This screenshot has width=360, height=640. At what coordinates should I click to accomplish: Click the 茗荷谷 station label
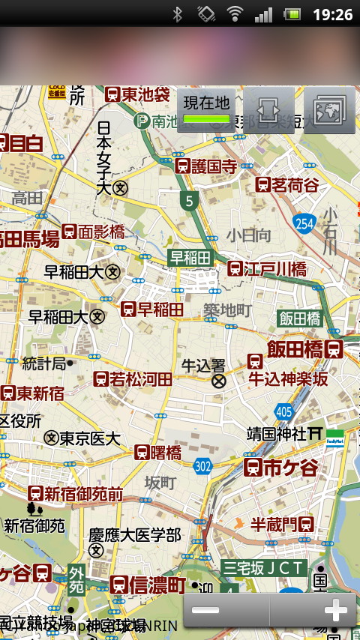287,184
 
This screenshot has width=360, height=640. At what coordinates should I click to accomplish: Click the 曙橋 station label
158,452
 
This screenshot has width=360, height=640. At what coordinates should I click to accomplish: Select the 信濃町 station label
148,585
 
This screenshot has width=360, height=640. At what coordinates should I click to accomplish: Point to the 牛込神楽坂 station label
289,379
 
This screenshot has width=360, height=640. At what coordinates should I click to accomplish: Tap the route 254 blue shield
304,223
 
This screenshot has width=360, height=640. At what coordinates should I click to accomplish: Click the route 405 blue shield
284,411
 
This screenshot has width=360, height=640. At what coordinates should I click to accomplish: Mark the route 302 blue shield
202,465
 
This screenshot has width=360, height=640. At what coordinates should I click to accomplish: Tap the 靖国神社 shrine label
277,433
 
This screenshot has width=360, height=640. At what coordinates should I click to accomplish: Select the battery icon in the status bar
292,14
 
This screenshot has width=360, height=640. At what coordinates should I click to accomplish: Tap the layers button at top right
329,111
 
